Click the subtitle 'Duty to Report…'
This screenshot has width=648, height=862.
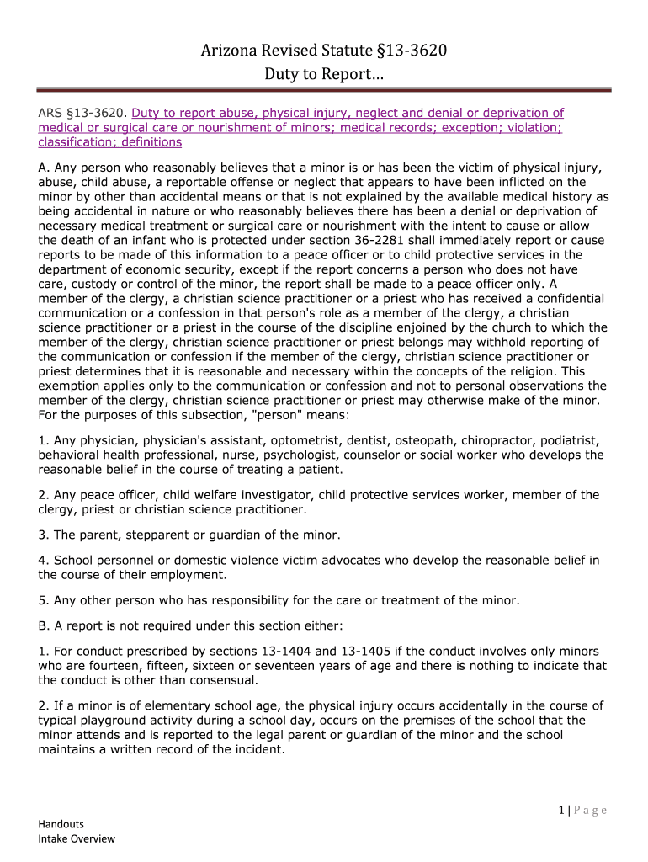324,74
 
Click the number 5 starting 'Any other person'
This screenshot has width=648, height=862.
42,600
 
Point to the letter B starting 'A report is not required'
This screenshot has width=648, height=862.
43,625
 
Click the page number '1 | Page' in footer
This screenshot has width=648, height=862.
582,811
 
